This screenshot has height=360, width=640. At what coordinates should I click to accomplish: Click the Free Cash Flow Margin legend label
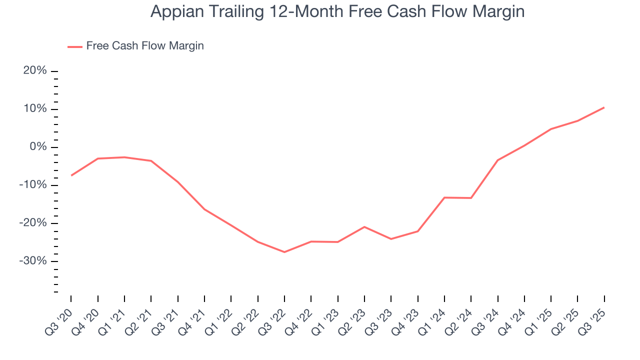[x=145, y=46]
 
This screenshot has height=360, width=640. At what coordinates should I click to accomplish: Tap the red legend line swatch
[x=74, y=46]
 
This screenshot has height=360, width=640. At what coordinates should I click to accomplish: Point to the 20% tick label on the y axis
[x=35, y=71]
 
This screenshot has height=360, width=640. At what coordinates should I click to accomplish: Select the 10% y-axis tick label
[x=35, y=109]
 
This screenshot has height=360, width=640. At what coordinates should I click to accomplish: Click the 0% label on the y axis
[x=38, y=147]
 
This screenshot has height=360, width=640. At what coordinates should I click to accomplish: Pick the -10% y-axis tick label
[x=33, y=185]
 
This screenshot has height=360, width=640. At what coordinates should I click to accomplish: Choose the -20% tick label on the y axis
[x=33, y=223]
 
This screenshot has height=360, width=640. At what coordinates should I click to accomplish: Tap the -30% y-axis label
[x=33, y=261]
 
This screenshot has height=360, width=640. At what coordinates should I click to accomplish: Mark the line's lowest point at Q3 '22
[x=284, y=252]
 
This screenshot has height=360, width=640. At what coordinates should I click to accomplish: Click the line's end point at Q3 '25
[x=604, y=107]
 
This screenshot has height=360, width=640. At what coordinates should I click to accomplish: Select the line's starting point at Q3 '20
[x=71, y=175]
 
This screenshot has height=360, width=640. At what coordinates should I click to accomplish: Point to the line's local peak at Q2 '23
[x=364, y=227]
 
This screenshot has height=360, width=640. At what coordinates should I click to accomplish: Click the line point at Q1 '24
[x=444, y=197]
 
